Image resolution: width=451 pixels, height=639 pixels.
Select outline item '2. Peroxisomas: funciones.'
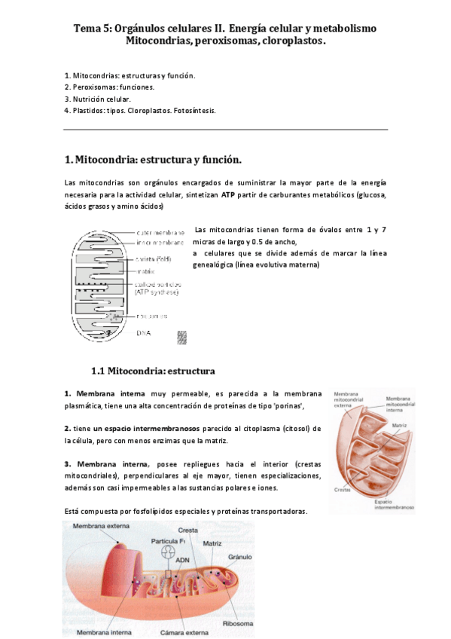tap(109, 87)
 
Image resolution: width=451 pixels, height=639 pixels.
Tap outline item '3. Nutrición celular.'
tap(98, 99)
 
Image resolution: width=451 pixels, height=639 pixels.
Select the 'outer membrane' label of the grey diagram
tap(160, 233)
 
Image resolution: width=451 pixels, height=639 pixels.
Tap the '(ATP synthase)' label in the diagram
tap(159, 292)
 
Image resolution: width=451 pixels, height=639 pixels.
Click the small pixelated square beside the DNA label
tap(181, 337)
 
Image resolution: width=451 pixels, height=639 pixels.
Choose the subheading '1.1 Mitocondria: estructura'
tap(153, 371)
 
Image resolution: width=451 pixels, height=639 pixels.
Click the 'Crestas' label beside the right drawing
tap(341, 489)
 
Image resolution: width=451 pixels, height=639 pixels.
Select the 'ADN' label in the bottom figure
tap(182, 560)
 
